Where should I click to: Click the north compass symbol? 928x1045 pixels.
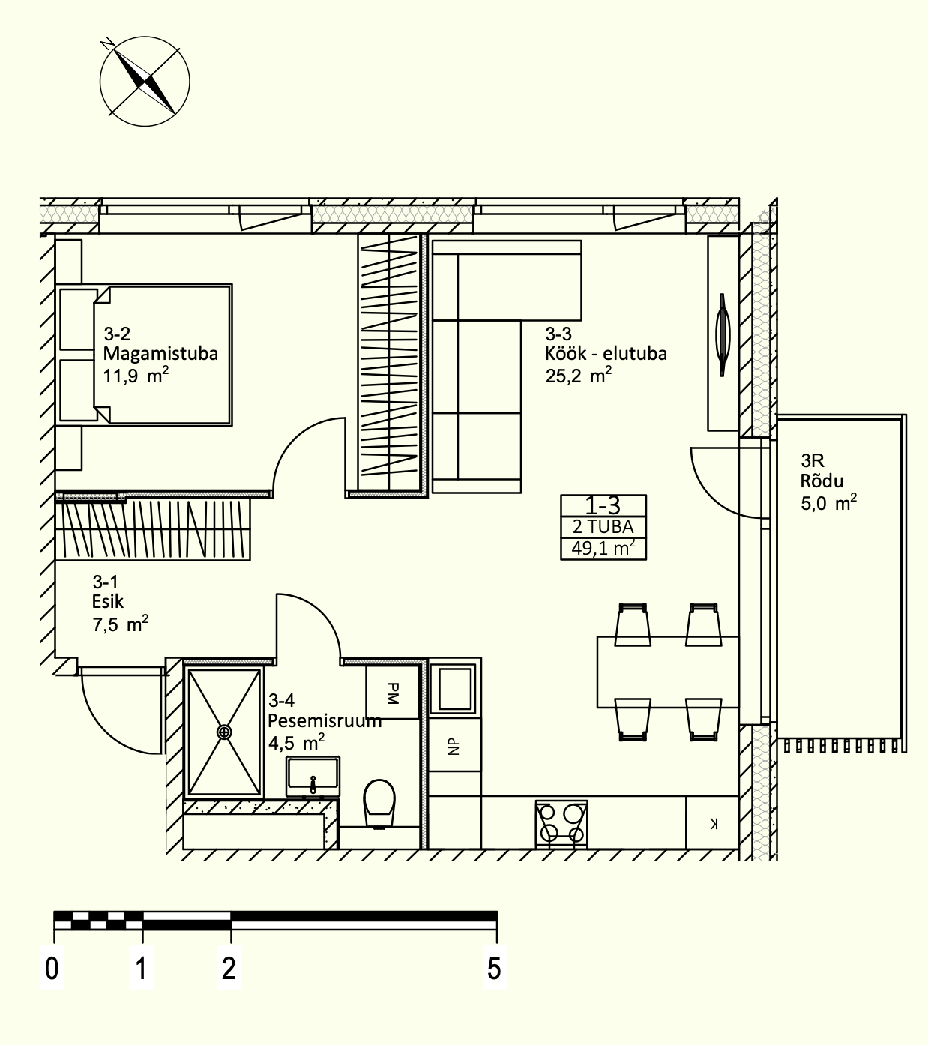point(145,81)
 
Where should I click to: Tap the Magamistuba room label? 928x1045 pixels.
point(160,354)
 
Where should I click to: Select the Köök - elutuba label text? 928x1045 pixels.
point(606,354)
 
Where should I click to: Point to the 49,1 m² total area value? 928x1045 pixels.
point(603,548)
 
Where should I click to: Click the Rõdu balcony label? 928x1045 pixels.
point(822,481)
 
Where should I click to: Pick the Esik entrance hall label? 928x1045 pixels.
point(108,601)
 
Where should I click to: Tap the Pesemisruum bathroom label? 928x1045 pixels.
point(325,720)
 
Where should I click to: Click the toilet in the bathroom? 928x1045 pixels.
point(379,804)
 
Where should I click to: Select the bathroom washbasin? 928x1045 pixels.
point(313,777)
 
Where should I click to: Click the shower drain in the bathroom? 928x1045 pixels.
point(224,732)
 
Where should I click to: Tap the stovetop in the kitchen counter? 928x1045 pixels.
point(561,825)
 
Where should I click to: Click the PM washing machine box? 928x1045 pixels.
point(392,692)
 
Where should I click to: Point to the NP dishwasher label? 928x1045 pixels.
point(454,747)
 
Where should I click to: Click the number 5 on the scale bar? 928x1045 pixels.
point(494,968)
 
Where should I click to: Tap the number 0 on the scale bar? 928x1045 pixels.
point(52,968)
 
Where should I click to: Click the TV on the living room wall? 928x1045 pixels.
point(722,335)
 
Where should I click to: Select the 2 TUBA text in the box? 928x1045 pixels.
point(603,527)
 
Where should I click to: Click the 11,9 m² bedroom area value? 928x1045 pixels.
point(136,375)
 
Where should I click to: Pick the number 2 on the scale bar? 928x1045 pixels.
point(229,968)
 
